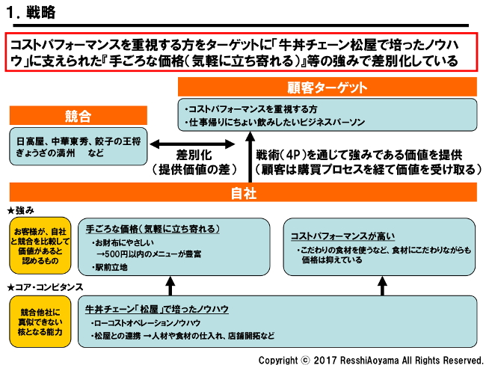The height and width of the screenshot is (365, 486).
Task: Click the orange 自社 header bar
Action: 242,193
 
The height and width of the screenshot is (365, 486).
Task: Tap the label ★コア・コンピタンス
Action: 44,287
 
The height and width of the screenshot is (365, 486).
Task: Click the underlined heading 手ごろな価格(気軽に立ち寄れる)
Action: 152,229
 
